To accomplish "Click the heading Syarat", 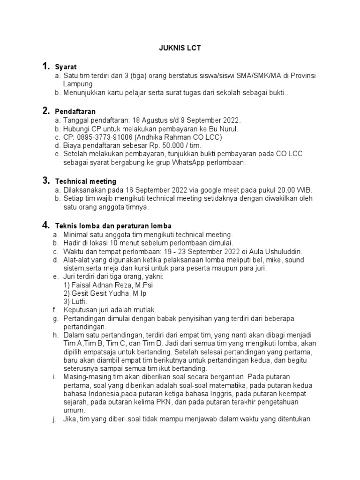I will [65, 67].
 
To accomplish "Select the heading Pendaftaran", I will [75, 112].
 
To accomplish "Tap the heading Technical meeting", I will [86, 181].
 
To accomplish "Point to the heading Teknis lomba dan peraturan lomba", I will [113, 226].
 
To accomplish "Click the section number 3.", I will [46, 180].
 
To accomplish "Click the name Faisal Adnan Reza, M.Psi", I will [111, 285].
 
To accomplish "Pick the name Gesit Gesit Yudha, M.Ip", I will [107, 293].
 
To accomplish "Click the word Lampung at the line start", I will [78, 84].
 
